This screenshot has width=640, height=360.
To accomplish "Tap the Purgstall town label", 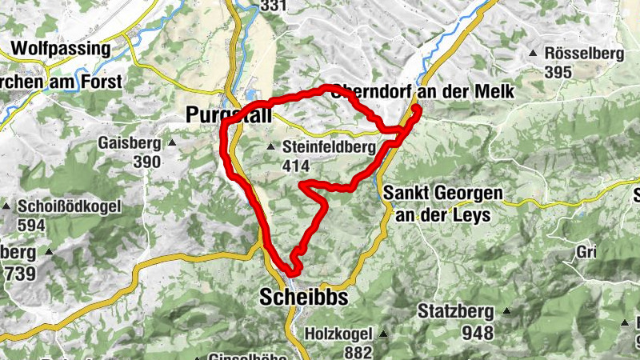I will [228, 115].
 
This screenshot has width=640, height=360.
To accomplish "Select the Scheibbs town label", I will [304, 298].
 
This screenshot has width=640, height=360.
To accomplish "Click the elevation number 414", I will [295, 166].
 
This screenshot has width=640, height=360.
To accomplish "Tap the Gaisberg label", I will [128, 143].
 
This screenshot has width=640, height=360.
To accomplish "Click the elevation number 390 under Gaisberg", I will [147, 162].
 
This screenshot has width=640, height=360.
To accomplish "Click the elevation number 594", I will [31, 225].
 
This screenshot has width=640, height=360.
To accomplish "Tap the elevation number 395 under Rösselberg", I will [558, 72].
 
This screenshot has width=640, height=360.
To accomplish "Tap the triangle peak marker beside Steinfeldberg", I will [270, 147].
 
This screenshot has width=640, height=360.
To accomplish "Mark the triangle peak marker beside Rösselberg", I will [533, 54].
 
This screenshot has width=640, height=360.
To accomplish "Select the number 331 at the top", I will [273, 6].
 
